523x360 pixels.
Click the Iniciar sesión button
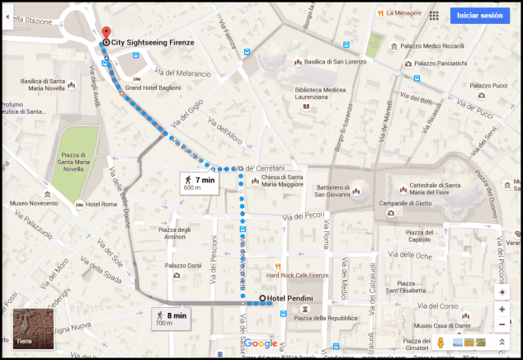pos(479,16)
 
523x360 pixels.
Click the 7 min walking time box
pos(200,182)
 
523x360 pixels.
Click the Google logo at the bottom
pos(261,343)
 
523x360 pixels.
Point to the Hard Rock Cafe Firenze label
pos(297,275)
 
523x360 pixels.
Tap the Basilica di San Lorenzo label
pos(334,61)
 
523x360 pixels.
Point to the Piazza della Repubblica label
pos(323,318)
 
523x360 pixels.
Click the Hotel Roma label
pos(101,204)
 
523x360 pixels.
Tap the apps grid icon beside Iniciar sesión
pos(434,16)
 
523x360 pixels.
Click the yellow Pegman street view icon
pos(441,342)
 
